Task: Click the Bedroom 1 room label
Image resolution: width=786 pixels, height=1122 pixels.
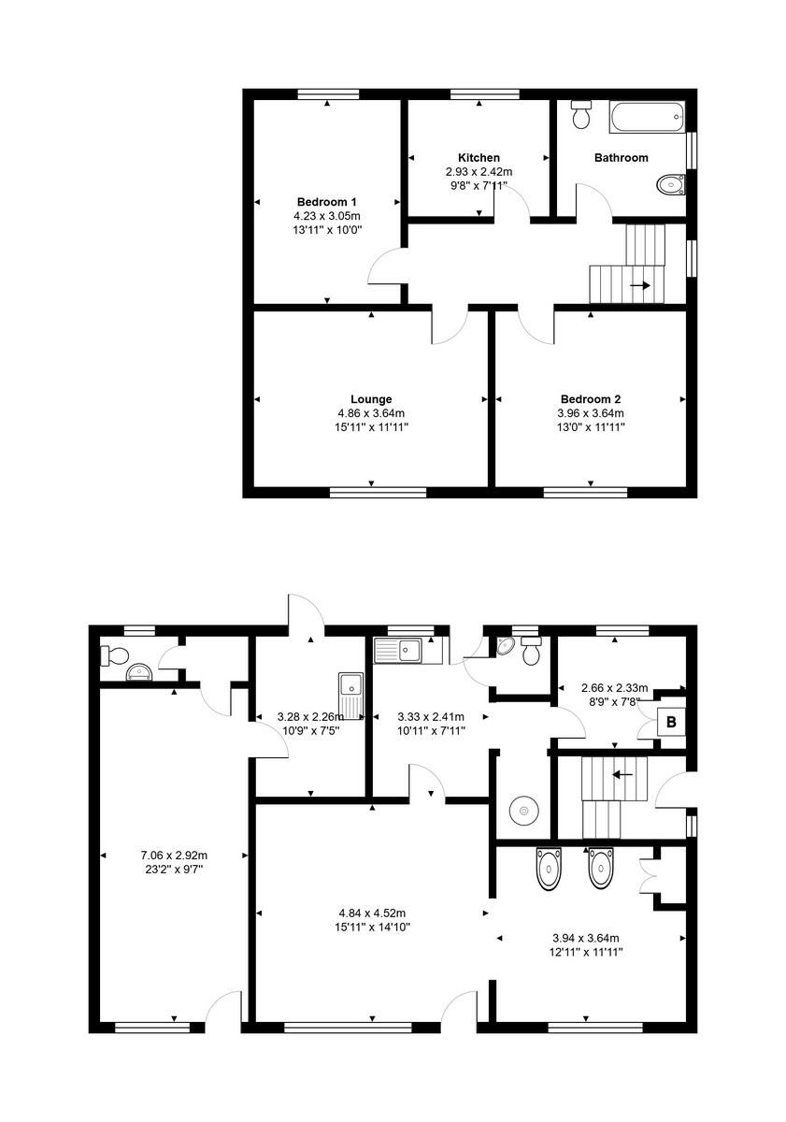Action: tap(327, 202)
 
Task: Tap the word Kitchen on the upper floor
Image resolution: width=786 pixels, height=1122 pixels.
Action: tap(479, 157)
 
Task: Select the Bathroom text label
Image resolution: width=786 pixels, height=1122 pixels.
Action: tap(621, 158)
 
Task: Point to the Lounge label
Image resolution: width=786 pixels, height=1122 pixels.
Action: tap(371, 399)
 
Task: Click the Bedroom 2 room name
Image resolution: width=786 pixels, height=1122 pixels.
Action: tap(591, 399)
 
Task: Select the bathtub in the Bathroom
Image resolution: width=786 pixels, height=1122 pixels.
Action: tap(647, 117)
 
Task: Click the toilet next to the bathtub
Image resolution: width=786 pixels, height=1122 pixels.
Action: tap(581, 113)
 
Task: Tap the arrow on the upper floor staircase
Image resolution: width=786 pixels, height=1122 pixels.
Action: tap(641, 285)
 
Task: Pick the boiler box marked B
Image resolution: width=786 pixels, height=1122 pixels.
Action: tap(670, 722)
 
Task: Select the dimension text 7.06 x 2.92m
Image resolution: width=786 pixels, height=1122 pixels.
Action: tap(174, 855)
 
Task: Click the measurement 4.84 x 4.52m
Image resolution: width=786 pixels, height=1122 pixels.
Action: tap(371, 913)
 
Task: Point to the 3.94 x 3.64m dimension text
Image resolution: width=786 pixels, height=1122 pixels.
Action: tap(585, 938)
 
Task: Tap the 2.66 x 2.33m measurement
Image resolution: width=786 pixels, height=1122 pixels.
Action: tap(614, 687)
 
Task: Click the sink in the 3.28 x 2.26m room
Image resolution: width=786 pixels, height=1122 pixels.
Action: tap(350, 693)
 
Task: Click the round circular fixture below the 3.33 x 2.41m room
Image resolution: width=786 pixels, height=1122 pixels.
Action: tap(522, 810)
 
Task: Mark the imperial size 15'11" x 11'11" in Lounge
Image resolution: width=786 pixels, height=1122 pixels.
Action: tap(371, 426)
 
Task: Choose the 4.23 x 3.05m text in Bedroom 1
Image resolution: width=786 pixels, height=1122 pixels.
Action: tap(327, 215)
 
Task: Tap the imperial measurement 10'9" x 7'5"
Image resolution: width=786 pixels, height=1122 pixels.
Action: tap(309, 730)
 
